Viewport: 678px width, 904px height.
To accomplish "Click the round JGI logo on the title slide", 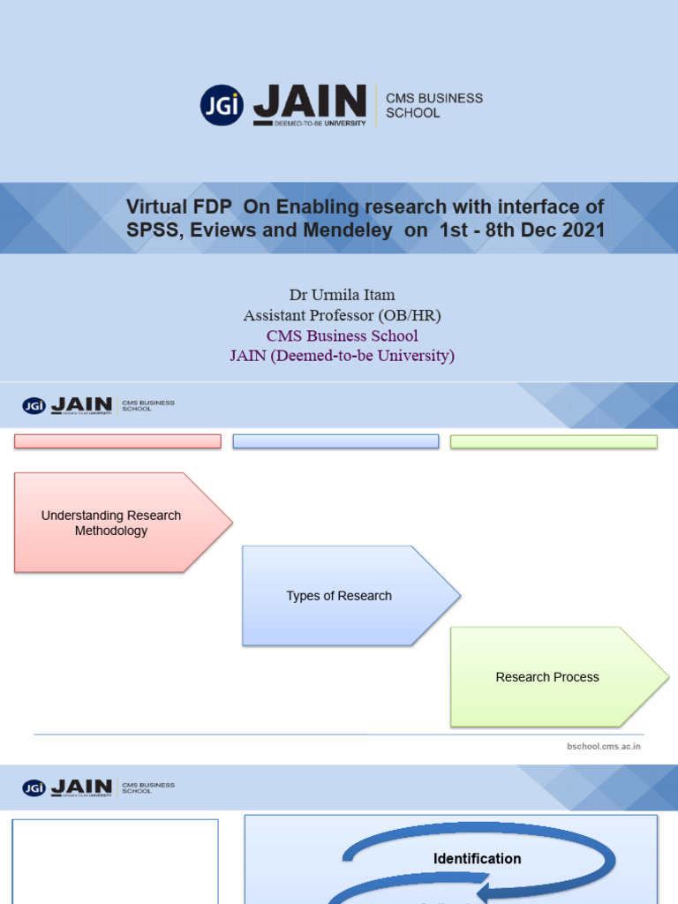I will click(222, 105).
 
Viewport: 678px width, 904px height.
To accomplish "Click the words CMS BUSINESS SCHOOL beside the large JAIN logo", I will click(434, 105).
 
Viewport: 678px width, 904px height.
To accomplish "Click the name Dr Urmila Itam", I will click(342, 295).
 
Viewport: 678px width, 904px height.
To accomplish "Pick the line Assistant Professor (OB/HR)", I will click(342, 315).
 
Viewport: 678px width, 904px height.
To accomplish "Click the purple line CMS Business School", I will click(342, 335).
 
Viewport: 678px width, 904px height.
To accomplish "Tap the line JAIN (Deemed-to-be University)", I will click(342, 356).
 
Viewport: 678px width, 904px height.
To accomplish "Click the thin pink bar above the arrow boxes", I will click(117, 441).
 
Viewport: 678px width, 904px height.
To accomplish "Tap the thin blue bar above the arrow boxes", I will click(335, 441).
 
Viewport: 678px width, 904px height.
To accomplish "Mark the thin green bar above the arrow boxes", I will click(554, 441).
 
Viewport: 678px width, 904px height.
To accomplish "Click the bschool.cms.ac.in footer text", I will click(603, 746).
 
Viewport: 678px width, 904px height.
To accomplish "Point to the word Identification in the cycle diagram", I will click(477, 858).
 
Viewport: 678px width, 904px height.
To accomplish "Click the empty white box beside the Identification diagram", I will click(115, 861).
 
